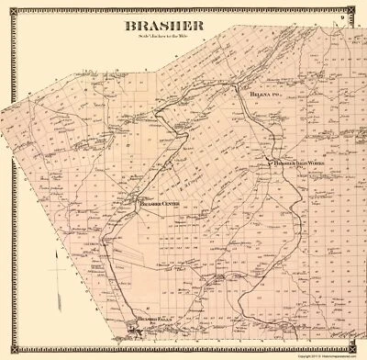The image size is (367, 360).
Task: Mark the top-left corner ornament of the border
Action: [7, 6]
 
